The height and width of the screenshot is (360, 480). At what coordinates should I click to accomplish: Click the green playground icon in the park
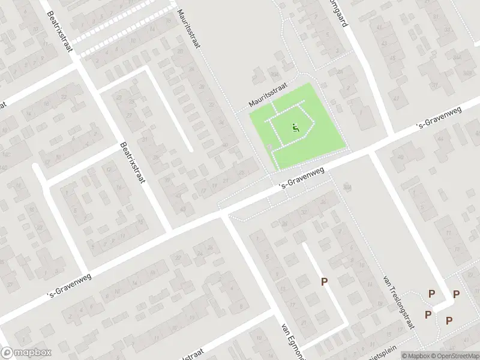pyautogui.click(x=295, y=127)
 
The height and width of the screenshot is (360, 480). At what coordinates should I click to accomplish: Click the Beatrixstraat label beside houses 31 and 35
pyautogui.click(x=133, y=163)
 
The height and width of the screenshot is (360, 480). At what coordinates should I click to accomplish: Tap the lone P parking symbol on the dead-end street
pyautogui.click(x=325, y=282)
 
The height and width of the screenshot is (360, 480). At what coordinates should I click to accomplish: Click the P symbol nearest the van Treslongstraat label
pyautogui.click(x=431, y=294)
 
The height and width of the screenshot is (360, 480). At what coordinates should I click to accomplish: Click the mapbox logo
pyautogui.click(x=26, y=353)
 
